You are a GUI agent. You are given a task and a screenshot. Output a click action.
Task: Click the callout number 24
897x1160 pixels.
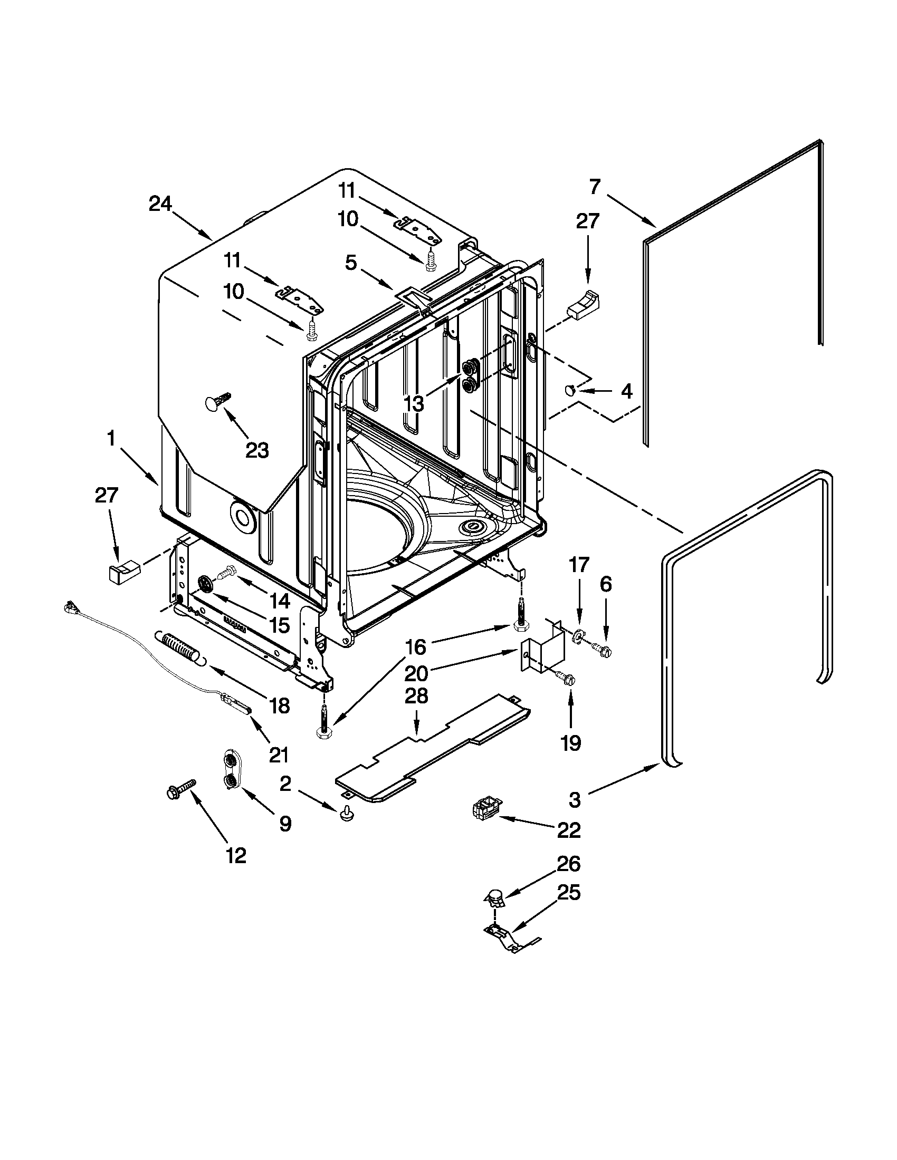coord(160,204)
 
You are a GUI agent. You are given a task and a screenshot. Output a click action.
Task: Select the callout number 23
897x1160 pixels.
coord(257,450)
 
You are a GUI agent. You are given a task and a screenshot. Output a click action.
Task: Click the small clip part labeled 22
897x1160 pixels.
coord(485,811)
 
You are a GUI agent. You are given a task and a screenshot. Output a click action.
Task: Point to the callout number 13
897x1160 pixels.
coord(414,403)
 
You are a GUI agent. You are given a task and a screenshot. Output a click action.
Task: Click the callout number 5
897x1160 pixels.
coord(351,263)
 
